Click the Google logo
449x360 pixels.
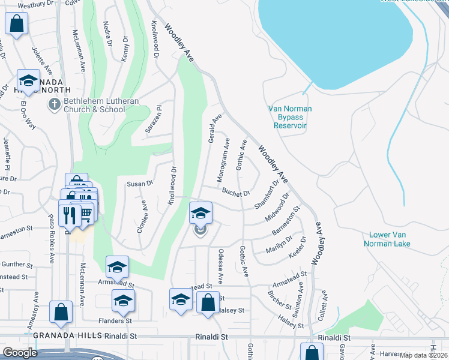click(x=20, y=352)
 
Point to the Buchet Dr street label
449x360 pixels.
click(x=235, y=193)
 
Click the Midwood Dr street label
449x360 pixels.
click(x=277, y=207)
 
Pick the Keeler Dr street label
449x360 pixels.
click(x=298, y=247)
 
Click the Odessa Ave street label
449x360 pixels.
click(x=220, y=266)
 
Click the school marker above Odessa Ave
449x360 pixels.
click(x=200, y=214)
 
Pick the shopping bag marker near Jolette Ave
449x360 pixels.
click(x=17, y=25)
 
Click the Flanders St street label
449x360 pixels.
click(x=116, y=320)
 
